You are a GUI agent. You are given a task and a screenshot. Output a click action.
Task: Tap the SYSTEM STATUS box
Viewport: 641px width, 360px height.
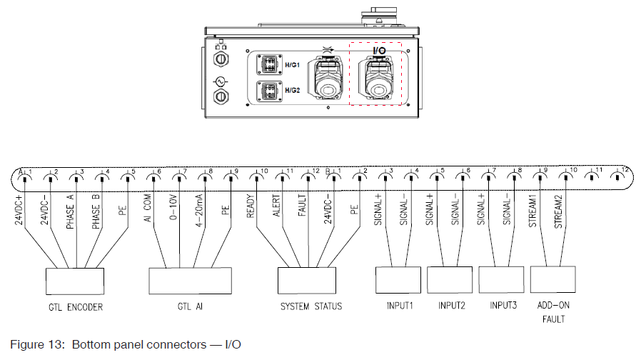[x=308, y=279]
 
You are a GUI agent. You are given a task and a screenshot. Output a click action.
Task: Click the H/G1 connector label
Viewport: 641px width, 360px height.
[x=291, y=65]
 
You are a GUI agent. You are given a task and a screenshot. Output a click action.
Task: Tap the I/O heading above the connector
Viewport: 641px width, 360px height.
[x=380, y=51]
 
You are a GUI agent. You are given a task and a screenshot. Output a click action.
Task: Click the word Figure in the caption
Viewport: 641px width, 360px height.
[x=29, y=345]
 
